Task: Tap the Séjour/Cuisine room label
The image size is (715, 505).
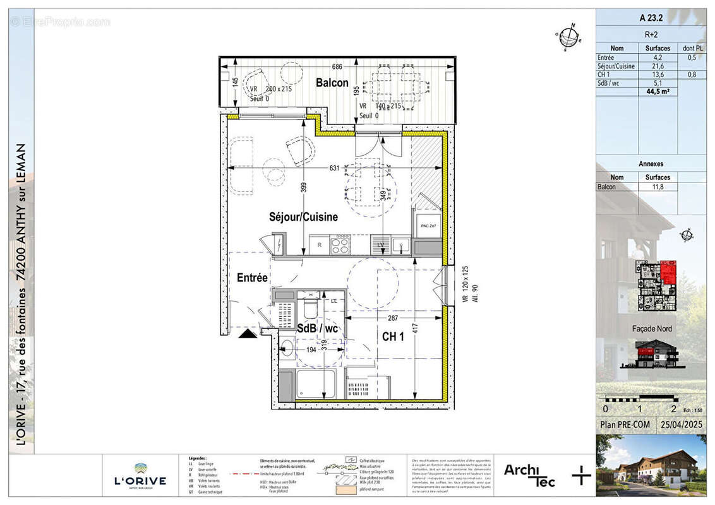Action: pos(303,217)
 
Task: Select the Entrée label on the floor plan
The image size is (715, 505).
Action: pos(253,278)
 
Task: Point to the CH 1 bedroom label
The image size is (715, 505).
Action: pos(393,337)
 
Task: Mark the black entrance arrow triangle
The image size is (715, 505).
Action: pos(248,333)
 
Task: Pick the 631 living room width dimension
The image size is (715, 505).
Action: pos(335,168)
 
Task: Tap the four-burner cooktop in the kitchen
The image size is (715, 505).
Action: pos(340,244)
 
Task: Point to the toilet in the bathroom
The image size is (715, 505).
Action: pos(310,309)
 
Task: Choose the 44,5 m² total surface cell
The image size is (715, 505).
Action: pos(658,91)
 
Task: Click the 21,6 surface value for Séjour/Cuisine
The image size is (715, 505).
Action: pos(658,66)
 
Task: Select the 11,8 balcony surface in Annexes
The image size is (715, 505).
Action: pos(658,187)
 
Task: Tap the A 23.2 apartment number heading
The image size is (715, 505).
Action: pos(651,18)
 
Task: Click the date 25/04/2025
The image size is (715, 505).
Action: pos(681,425)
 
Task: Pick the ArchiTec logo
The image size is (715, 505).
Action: pos(529,475)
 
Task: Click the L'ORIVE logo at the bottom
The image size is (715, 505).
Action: pos(140,476)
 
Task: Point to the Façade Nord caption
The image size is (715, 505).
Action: pos(652,328)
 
